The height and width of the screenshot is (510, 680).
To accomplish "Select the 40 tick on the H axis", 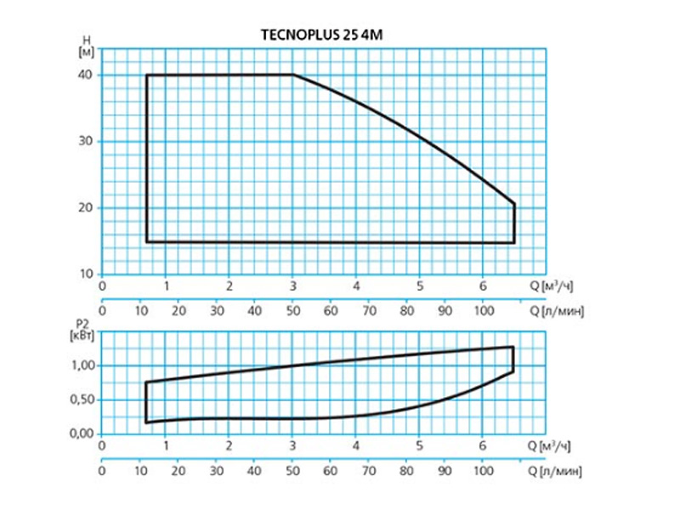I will (x=86, y=75).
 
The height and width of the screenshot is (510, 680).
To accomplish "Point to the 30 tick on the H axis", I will (x=86, y=141).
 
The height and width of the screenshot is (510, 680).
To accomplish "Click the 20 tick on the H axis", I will (x=86, y=208).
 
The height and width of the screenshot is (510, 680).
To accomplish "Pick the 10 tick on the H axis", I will (x=86, y=275).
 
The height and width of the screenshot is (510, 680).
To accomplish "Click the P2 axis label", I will (x=83, y=324).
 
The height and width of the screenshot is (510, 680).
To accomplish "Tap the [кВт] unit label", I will (x=83, y=336).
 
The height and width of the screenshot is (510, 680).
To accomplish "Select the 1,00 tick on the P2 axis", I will (x=82, y=365).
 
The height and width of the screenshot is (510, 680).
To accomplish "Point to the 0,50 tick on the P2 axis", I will (x=82, y=399).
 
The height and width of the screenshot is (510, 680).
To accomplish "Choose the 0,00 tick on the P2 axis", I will (x=82, y=433).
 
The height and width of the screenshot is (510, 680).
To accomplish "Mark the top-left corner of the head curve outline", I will (x=147, y=75).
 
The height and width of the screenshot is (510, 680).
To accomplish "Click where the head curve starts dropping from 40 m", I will (x=293, y=75).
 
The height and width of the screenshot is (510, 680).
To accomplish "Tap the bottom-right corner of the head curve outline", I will (x=514, y=242).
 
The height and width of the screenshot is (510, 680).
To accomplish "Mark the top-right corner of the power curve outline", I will (x=513, y=347).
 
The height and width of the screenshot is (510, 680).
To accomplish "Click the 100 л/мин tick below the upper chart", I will (x=483, y=311).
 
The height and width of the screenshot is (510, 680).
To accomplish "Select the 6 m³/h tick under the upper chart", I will (x=483, y=286).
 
